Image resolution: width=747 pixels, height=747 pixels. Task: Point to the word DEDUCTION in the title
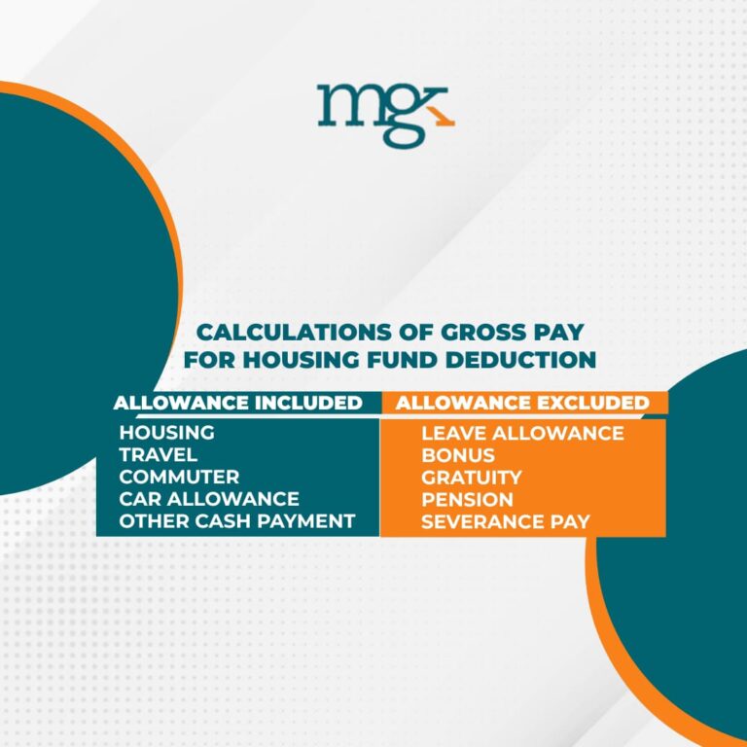[x=516, y=359]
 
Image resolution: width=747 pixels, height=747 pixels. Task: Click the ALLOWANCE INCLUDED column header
[x=238, y=402]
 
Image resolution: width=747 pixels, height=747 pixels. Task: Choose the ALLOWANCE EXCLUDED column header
[x=523, y=402]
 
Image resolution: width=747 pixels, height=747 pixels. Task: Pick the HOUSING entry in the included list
[x=166, y=432]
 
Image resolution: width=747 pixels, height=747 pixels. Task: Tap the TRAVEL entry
[x=159, y=454]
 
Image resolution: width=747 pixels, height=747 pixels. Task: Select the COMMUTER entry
[x=179, y=477]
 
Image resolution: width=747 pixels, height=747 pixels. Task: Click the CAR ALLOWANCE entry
[x=209, y=499]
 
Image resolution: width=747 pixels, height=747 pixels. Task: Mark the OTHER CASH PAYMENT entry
[x=236, y=521]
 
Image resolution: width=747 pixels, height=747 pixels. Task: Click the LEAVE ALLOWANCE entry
[x=522, y=433]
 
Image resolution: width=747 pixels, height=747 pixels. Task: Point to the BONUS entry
[x=458, y=455]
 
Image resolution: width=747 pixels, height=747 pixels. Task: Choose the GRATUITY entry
[x=472, y=478]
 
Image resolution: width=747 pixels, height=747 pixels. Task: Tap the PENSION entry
[x=467, y=500]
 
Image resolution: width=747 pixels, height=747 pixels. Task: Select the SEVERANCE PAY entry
[x=506, y=522]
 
